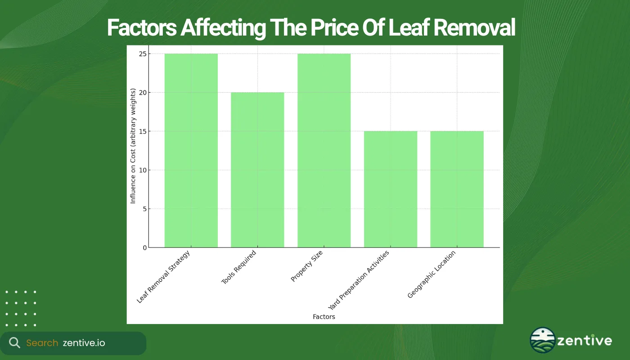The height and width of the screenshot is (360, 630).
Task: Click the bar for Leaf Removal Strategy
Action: (x=191, y=151)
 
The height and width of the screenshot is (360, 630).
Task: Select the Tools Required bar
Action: (x=257, y=170)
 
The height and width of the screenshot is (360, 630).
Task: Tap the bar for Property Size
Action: (x=324, y=151)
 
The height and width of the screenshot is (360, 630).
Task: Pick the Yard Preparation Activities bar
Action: (x=391, y=189)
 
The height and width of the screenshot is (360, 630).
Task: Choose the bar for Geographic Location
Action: (x=457, y=189)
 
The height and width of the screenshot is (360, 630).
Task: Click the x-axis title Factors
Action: (x=324, y=317)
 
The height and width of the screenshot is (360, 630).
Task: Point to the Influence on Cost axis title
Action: (x=133, y=151)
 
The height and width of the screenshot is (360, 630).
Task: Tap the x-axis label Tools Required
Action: (x=239, y=267)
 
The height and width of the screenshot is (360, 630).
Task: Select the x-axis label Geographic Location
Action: (x=432, y=274)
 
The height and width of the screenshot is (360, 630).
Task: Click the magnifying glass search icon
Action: (x=15, y=343)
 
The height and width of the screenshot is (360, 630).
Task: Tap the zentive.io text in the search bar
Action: (x=84, y=343)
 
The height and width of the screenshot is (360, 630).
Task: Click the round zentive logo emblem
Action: (x=542, y=340)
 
